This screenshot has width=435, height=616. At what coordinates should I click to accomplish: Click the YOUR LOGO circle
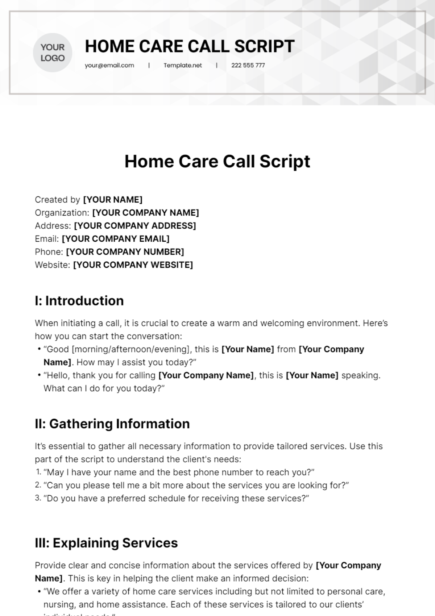click(53, 53)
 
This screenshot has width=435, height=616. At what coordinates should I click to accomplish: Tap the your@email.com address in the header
click(109, 66)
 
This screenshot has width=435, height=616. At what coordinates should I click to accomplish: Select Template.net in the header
click(183, 66)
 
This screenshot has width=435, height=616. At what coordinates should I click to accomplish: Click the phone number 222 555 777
click(248, 66)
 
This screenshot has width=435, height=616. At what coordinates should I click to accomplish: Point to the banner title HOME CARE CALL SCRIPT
click(190, 46)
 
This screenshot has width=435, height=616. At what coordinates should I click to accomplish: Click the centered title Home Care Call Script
click(217, 161)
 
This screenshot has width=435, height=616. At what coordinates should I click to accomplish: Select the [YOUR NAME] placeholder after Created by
click(113, 200)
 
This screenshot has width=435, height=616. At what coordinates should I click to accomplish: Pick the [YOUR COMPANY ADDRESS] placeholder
click(135, 226)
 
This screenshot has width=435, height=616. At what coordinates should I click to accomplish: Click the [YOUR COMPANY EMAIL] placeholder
click(116, 239)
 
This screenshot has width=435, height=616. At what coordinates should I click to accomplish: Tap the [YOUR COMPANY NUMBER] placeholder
click(125, 252)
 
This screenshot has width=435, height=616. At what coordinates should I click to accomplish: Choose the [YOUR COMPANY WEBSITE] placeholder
click(133, 265)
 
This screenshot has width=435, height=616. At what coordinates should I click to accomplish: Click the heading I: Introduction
click(79, 301)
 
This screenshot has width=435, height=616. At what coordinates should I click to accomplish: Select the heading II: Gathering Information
click(112, 424)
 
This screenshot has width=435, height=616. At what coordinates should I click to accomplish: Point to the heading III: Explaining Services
click(106, 543)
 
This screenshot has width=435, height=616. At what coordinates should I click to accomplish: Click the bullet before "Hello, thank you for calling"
click(39, 375)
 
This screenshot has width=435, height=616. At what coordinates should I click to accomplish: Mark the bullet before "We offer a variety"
click(39, 592)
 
